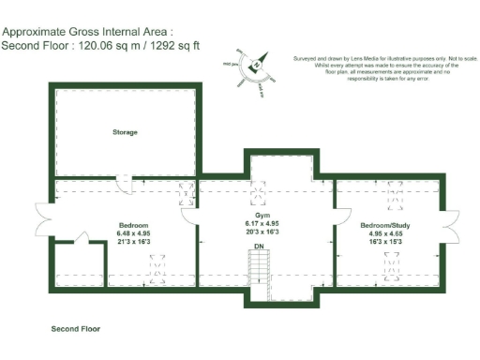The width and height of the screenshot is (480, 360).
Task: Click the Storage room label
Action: pos(125,132)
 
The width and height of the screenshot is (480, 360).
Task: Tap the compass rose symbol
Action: pos(254,65)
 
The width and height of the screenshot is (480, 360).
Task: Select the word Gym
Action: pos(262,215)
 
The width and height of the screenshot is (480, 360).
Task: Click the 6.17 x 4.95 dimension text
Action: pos(262,223)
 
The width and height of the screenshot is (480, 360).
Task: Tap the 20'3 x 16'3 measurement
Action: pos(262,232)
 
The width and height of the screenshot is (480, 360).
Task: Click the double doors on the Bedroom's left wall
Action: pos(39,217)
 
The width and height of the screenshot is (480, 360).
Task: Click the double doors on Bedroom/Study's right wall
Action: pos(453,225)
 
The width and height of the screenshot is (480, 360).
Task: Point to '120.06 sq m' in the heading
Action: pos(112,44)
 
